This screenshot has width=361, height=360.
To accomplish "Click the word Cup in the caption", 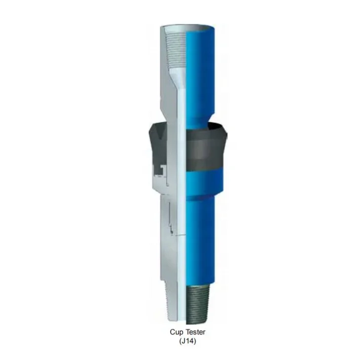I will tap(177, 333).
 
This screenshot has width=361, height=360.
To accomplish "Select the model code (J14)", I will tap(188, 341).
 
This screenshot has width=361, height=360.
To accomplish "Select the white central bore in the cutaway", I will tap(181, 198).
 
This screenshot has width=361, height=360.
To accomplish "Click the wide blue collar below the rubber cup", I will tap(207, 180).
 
